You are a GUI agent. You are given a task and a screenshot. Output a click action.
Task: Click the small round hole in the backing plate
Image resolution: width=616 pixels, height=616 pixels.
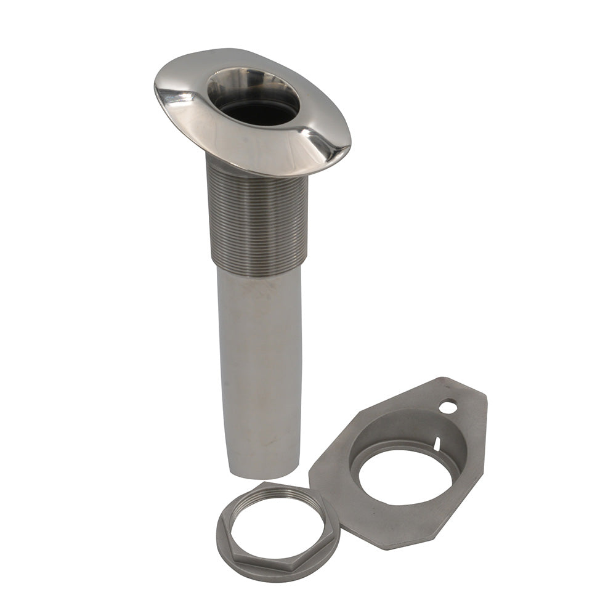tap(448, 407)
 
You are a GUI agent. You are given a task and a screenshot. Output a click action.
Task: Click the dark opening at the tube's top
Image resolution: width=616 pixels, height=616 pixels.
tap(259, 111)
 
